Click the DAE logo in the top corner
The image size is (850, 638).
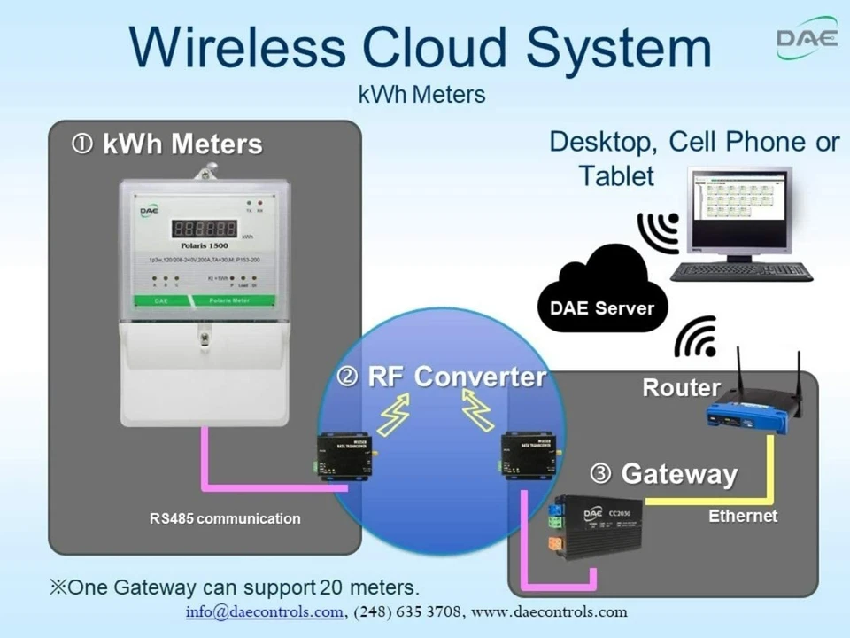pyautogui.click(x=806, y=39)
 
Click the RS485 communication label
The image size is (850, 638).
pyautogui.click(x=225, y=519)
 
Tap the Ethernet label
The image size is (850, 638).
pyautogui.click(x=742, y=516)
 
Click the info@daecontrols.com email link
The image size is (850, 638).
pyautogui.click(x=263, y=612)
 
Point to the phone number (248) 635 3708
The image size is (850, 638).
pyautogui.click(x=407, y=612)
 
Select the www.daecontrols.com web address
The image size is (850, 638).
pyautogui.click(x=549, y=612)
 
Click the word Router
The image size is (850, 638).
pyautogui.click(x=681, y=388)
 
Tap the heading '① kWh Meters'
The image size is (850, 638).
pyautogui.click(x=167, y=144)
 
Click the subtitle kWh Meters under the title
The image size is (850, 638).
pyautogui.click(x=422, y=95)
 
